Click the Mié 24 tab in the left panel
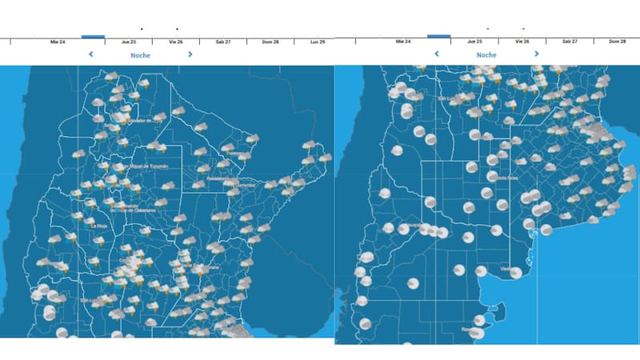click(58, 41)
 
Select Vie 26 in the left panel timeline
click(176, 41)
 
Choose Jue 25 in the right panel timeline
click(474, 41)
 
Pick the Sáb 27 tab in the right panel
click(570, 41)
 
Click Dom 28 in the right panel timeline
click(617, 41)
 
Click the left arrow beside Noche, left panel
click(91, 54)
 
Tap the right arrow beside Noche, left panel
click(190, 54)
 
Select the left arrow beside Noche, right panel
click(437, 54)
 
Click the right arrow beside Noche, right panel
click(536, 54)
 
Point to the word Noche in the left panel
click(141, 55)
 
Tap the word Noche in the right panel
click(486, 55)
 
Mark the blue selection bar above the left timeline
click(93, 36)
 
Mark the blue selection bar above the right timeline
click(438, 36)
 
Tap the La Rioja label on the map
click(99, 226)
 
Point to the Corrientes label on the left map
click(245, 185)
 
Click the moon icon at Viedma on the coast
click(516, 273)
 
